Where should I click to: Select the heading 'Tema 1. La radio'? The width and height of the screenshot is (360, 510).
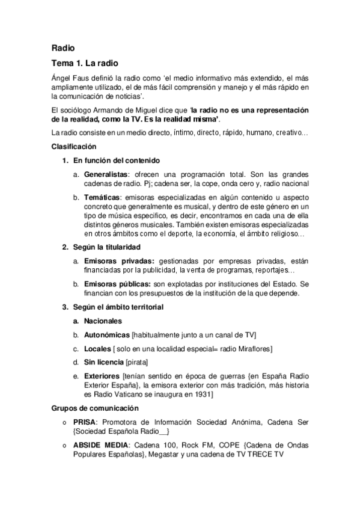(x=85, y=63)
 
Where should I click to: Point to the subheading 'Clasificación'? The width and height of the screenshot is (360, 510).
(x=73, y=146)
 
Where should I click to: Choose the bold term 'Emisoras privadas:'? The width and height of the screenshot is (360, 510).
(x=119, y=261)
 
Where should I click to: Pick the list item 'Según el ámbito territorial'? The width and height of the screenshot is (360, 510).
(x=118, y=307)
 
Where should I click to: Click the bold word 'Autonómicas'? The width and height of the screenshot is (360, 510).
(x=107, y=335)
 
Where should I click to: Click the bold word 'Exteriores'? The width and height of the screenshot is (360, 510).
(x=102, y=376)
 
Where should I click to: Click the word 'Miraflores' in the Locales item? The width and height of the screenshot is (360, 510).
(x=254, y=349)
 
